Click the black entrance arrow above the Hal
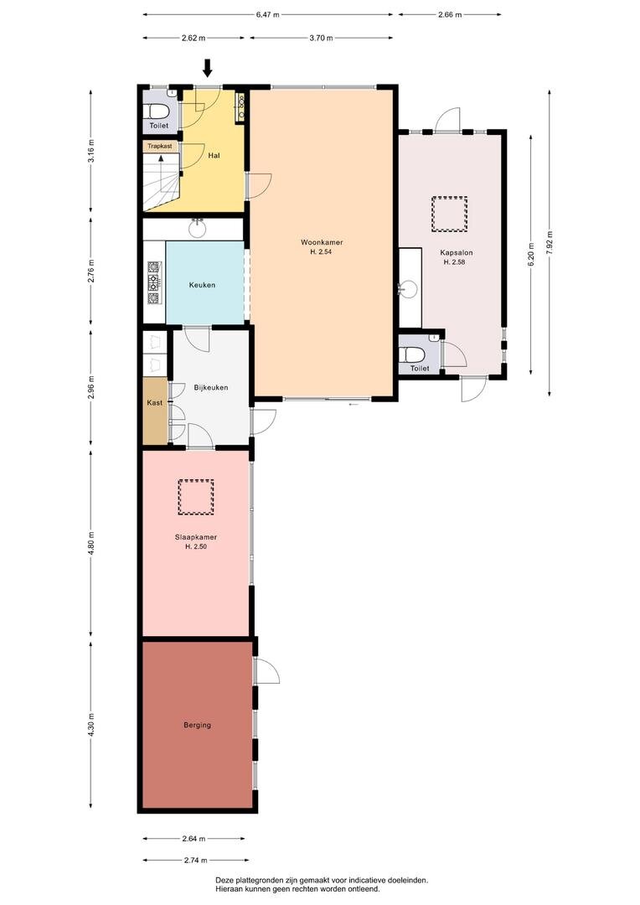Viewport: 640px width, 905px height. tap(208, 68)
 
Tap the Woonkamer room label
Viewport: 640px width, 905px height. tap(322, 242)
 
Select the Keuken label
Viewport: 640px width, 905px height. tap(202, 285)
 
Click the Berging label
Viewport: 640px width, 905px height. tap(198, 725)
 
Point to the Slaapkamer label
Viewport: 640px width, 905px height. tap(196, 537)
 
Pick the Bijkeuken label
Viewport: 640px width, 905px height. tap(210, 387)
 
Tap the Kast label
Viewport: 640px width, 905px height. tap(155, 402)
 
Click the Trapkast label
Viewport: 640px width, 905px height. tap(159, 146)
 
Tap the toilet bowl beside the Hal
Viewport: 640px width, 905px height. tap(157, 111)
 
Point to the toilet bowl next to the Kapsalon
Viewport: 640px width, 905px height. tap(414, 354)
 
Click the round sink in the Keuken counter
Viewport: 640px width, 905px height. tap(198, 229)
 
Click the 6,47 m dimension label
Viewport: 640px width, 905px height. tap(268, 15)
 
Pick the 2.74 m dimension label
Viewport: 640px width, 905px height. tap(194, 860)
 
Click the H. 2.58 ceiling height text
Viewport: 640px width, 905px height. tap(454, 262)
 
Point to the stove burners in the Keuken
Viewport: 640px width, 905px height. tap(154, 283)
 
